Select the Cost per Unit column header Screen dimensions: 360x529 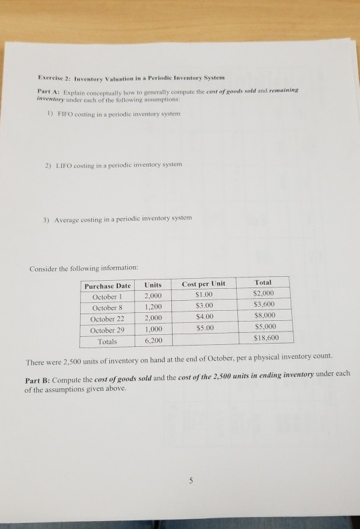(203, 284)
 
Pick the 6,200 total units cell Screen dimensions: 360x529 (155, 341)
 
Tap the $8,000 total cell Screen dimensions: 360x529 (265, 316)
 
